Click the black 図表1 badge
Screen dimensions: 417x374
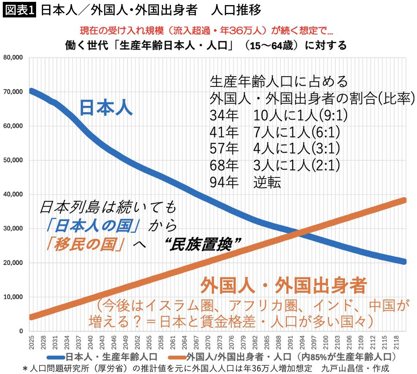pos(19,10)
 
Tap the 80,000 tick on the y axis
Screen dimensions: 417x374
pos(13,58)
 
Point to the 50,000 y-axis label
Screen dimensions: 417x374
pos(13,160)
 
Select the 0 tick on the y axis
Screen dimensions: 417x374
pos(21,331)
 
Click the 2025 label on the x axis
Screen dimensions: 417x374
pos(31,343)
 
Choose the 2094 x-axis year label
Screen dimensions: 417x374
pos(302,343)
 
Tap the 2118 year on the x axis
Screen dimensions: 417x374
pos(396,343)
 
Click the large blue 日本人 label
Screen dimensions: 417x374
pos(106,107)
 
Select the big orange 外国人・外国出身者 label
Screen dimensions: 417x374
pos(283,286)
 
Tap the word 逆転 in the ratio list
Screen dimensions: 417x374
pos(267,182)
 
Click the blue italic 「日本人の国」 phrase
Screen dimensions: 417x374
pos(93,226)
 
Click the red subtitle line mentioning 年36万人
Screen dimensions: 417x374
pos(206,31)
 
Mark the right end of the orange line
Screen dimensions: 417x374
pos(404,200)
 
